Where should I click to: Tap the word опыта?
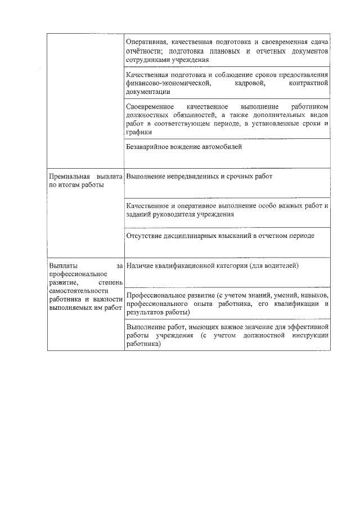click(x=219, y=303)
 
